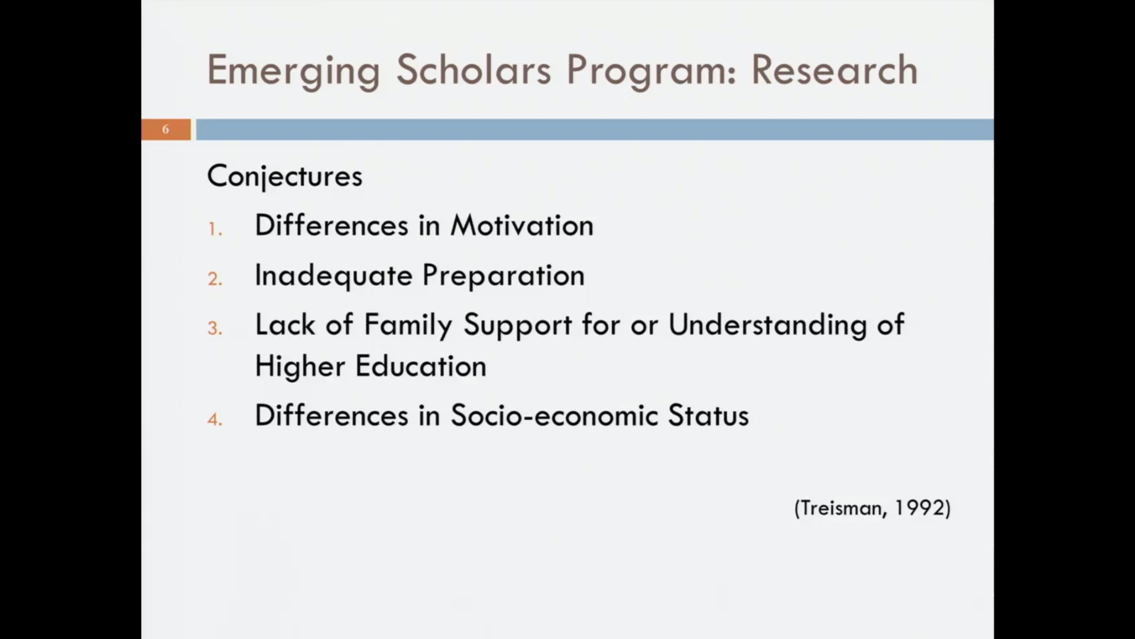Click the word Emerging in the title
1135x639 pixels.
[x=293, y=71]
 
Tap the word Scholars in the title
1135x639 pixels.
[x=473, y=70]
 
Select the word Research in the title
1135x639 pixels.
[x=834, y=70]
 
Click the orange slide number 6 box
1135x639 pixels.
[x=166, y=130]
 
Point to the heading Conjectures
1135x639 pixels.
[x=284, y=176]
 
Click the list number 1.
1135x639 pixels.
[x=215, y=230]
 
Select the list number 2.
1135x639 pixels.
[x=215, y=279]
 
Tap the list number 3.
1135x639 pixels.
[x=215, y=328]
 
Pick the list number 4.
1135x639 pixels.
[x=215, y=419]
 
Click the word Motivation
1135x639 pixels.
[x=521, y=226]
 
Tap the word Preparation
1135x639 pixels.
[x=503, y=276]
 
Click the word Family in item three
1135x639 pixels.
[x=408, y=325]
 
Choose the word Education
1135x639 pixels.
[x=421, y=366]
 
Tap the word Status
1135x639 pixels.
[x=708, y=415]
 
